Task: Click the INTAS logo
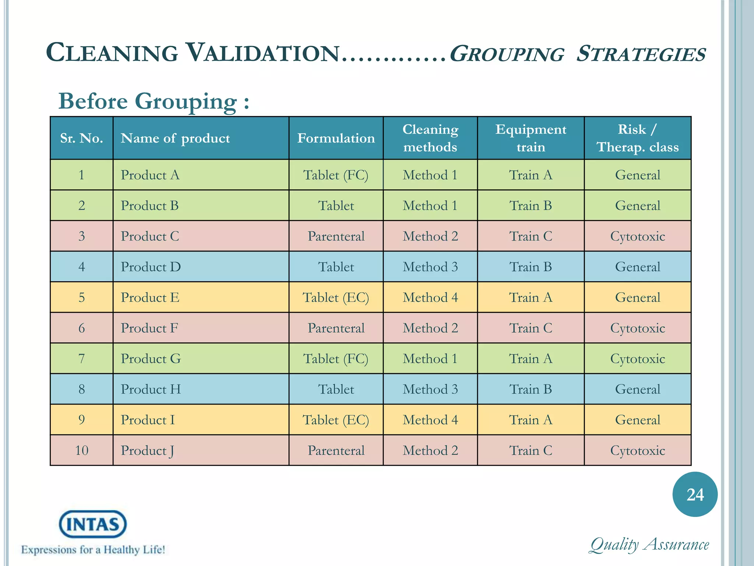tap(93, 524)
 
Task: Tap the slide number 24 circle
tap(695, 494)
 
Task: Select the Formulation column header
tap(336, 138)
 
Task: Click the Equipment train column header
tap(531, 138)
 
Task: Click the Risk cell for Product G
tap(637, 359)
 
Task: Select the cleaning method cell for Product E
tap(430, 297)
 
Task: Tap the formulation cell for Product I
tap(336, 420)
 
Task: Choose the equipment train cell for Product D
tap(531, 267)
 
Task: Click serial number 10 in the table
tap(81, 450)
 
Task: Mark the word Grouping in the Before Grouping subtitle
tap(186, 101)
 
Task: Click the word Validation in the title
tap(263, 53)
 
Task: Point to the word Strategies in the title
tap(641, 54)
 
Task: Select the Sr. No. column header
tap(81, 138)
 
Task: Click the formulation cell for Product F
tap(336, 328)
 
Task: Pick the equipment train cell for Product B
tap(531, 206)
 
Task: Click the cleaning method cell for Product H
tap(430, 389)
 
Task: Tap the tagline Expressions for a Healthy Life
tap(93, 550)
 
